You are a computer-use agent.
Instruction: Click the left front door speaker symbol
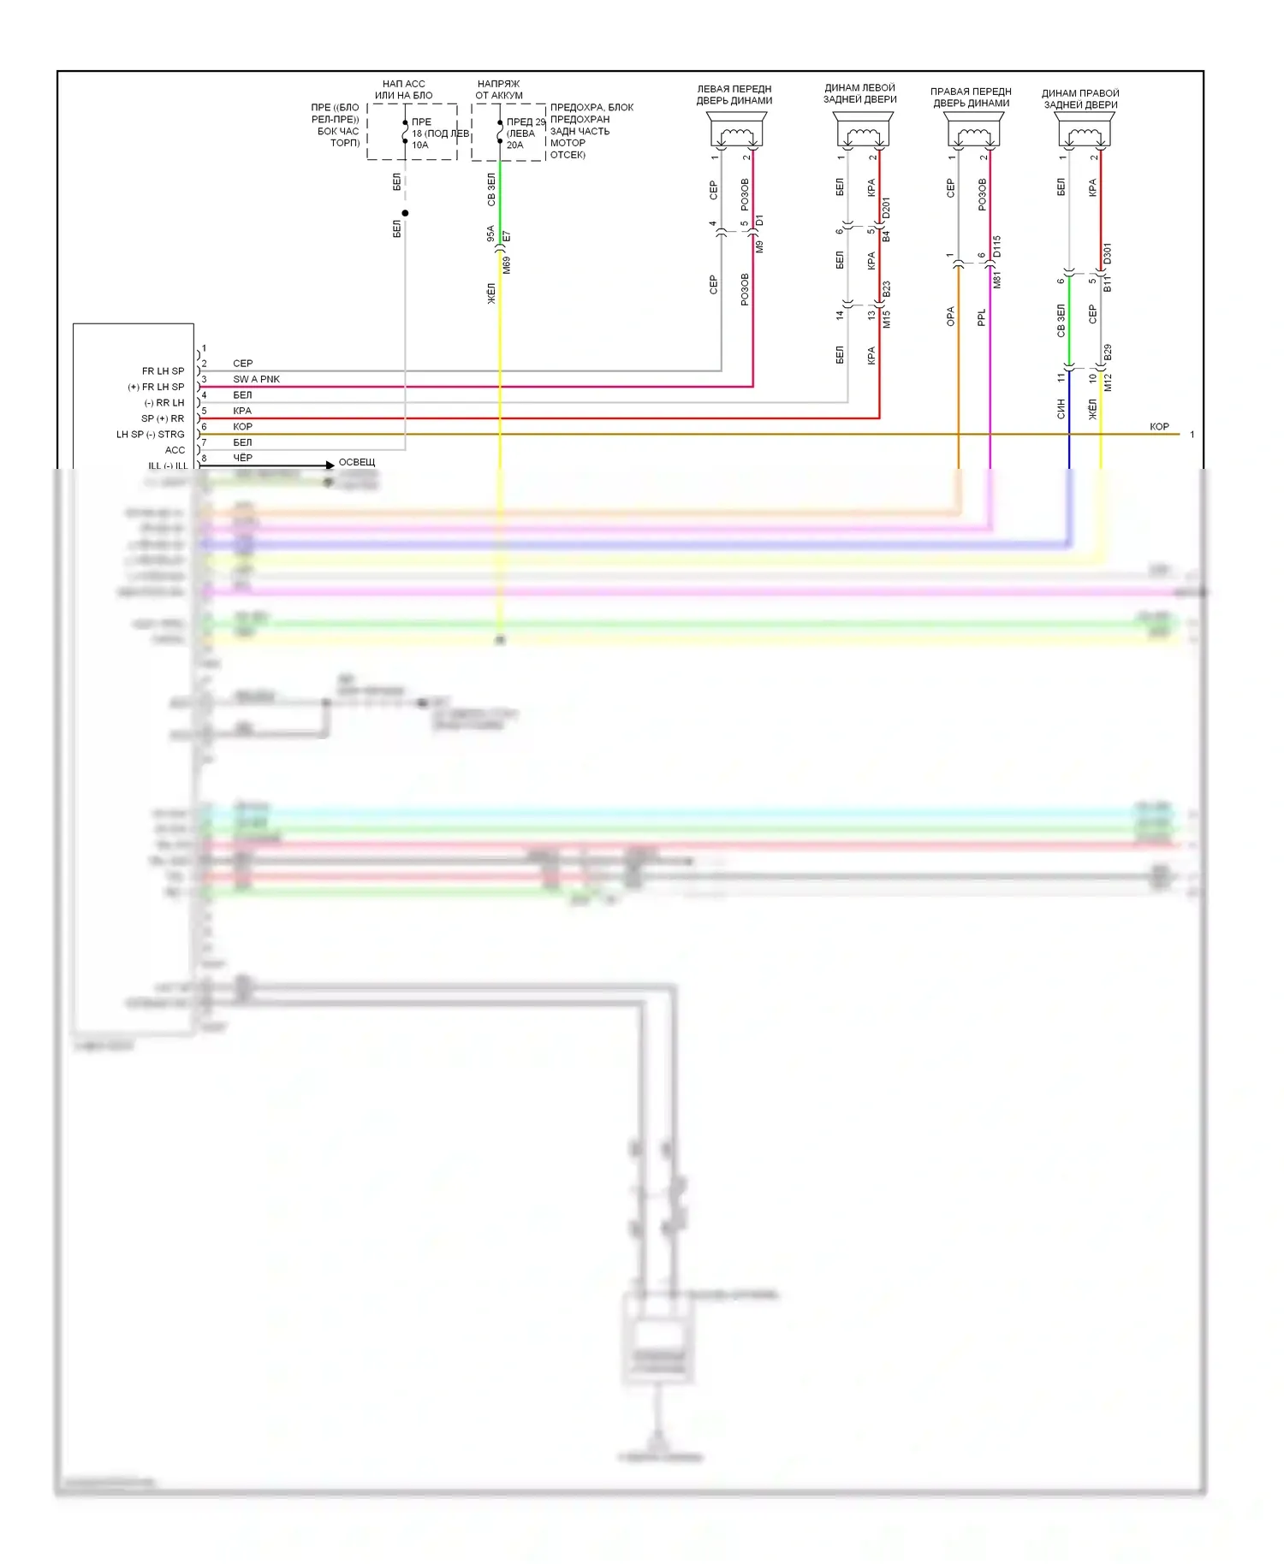735,133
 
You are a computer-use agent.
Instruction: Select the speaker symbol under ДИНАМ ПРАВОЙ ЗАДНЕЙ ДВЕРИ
1084,133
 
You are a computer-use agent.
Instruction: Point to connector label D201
886,208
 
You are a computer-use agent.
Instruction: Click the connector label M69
507,265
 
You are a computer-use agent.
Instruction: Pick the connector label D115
996,246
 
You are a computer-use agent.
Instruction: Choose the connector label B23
886,289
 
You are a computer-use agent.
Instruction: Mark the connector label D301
1107,254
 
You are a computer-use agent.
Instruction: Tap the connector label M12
1108,382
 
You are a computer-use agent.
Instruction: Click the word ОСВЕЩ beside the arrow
357,462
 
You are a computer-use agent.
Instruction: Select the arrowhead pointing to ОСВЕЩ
330,465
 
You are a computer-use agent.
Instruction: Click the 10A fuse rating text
419,145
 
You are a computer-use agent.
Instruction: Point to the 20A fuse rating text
514,145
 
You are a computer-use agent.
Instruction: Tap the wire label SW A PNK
256,379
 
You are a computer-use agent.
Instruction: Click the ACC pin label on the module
175,450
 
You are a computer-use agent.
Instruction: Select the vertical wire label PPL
981,317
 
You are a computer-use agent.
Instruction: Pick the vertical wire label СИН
1061,409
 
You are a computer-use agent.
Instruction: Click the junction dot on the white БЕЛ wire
405,213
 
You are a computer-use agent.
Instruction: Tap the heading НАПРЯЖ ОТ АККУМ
499,90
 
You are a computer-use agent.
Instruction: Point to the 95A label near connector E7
490,234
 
